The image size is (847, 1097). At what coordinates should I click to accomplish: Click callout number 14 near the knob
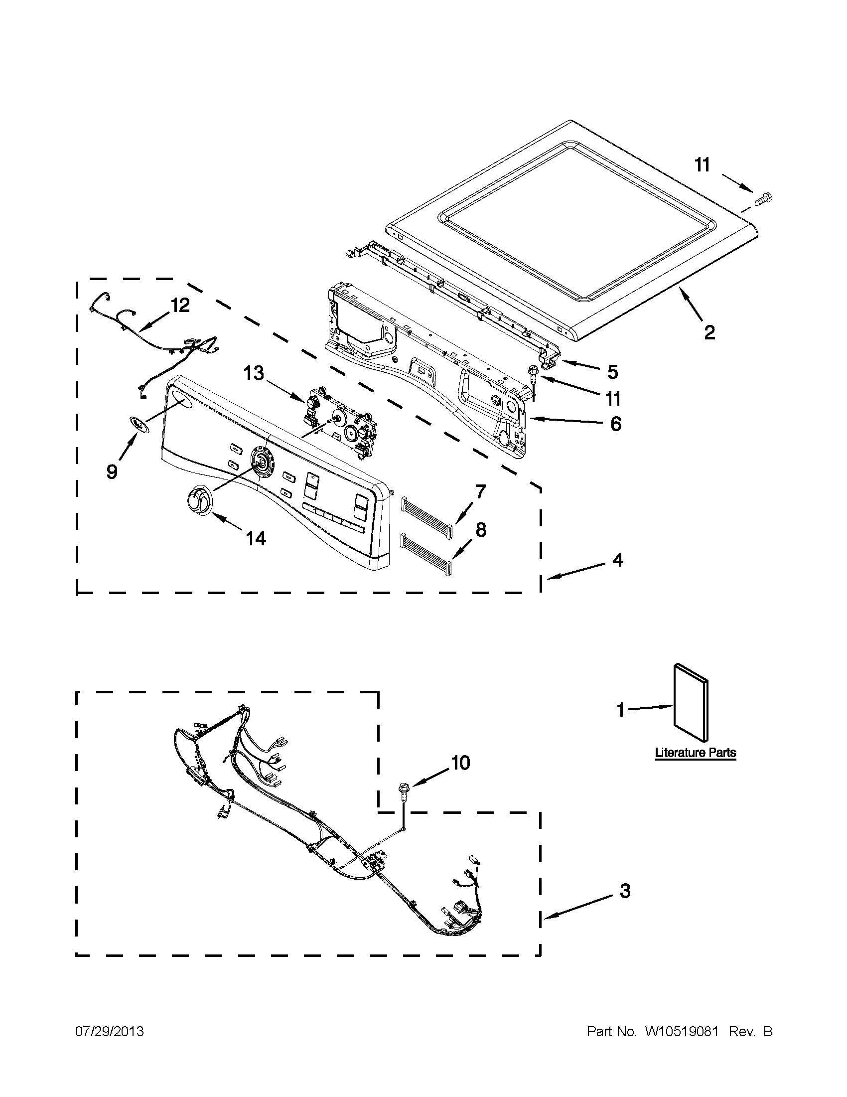(x=255, y=538)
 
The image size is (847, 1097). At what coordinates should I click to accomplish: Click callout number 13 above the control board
(x=254, y=373)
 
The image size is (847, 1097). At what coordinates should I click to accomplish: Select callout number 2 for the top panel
(x=709, y=332)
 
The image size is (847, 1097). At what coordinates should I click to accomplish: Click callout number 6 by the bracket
(x=615, y=424)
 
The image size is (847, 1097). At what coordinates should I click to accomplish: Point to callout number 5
(x=612, y=372)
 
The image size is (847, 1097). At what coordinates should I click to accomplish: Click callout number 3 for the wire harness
(x=625, y=891)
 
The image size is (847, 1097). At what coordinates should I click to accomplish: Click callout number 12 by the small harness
(x=180, y=305)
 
